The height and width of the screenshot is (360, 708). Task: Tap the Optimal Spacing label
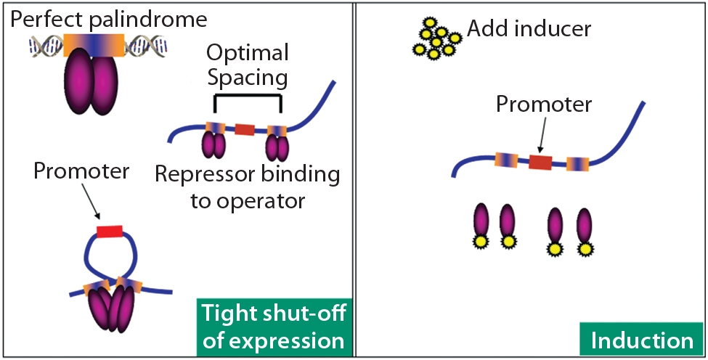click(248, 64)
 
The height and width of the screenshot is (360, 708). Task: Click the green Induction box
click(642, 340)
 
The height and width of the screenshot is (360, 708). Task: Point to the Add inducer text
click(529, 29)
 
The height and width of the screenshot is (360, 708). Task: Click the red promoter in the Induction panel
click(540, 161)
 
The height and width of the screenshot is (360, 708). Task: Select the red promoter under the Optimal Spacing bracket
click(245, 130)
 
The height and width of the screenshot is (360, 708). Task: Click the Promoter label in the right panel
click(544, 105)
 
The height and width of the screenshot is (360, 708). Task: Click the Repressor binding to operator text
click(247, 187)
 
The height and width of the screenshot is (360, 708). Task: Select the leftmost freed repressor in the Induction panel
click(480, 229)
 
